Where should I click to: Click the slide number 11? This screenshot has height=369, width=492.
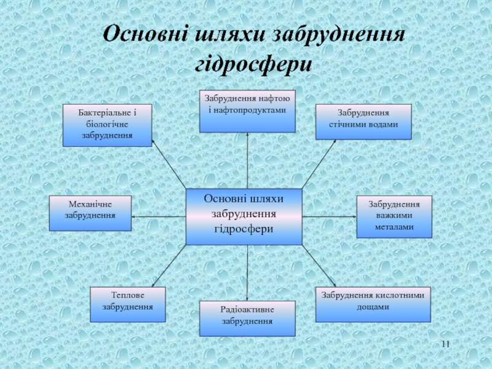pyautogui.click(x=446, y=343)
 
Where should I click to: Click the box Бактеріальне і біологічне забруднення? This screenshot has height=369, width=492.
pyautogui.click(x=107, y=125)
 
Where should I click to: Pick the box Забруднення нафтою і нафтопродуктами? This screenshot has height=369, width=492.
pyautogui.click(x=247, y=111)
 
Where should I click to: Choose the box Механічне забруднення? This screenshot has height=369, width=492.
pyautogui.click(x=90, y=213)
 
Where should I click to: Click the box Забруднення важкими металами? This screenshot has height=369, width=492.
pyautogui.click(x=394, y=216)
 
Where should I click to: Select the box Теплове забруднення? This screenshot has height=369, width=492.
pyautogui.click(x=128, y=304)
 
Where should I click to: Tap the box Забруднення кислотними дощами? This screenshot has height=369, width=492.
pyautogui.click(x=373, y=304)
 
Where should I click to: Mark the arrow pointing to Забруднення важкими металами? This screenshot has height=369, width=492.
pyautogui.click(x=330, y=216)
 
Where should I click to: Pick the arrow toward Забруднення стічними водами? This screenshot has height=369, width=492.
pyautogui.click(x=319, y=164)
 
